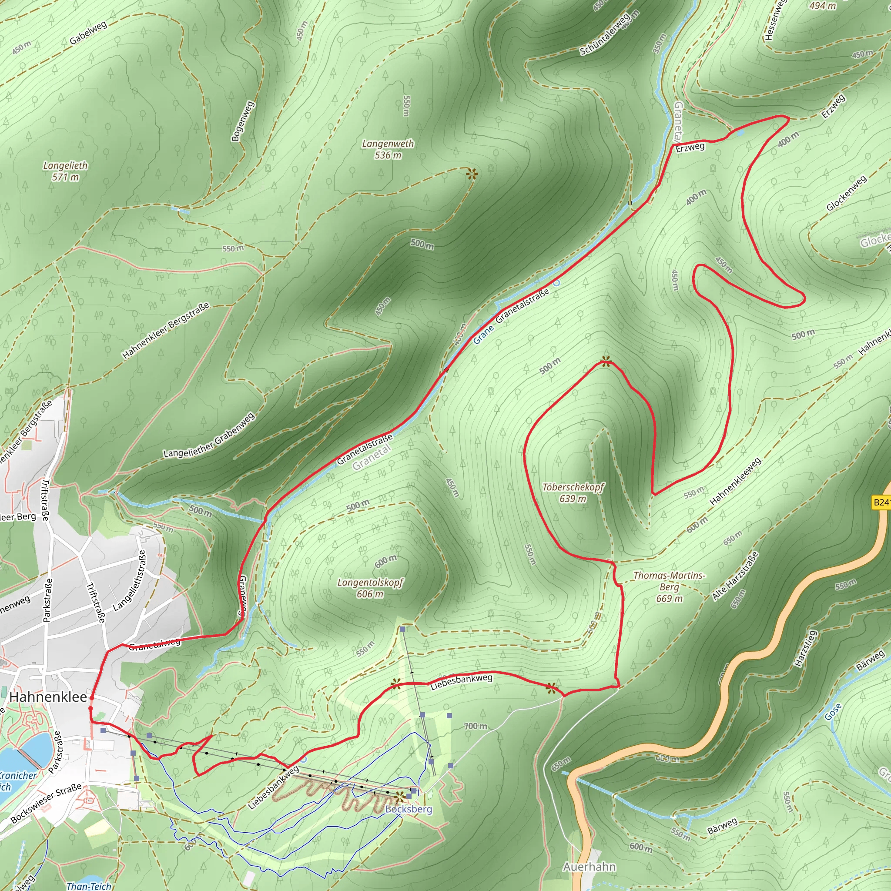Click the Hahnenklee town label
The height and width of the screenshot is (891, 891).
(x=48, y=697)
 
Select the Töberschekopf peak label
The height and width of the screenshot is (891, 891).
(x=573, y=492)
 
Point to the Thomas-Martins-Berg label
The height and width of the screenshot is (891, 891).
(x=669, y=586)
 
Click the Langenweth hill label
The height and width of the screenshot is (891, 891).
(x=388, y=149)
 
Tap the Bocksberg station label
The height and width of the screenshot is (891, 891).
(x=409, y=809)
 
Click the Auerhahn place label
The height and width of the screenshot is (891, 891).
(x=589, y=867)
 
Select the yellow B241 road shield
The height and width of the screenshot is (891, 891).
(x=881, y=502)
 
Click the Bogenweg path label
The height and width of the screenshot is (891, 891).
(x=243, y=121)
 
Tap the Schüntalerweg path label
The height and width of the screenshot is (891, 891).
(x=605, y=35)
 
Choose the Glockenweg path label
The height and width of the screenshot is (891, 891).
(x=846, y=193)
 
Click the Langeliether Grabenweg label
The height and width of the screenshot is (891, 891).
(x=209, y=435)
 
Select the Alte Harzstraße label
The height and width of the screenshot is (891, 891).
(x=735, y=576)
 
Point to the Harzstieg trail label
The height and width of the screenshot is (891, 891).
(x=805, y=648)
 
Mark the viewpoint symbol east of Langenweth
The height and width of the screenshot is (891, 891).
(x=472, y=174)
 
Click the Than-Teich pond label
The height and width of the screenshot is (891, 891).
(x=89, y=886)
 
